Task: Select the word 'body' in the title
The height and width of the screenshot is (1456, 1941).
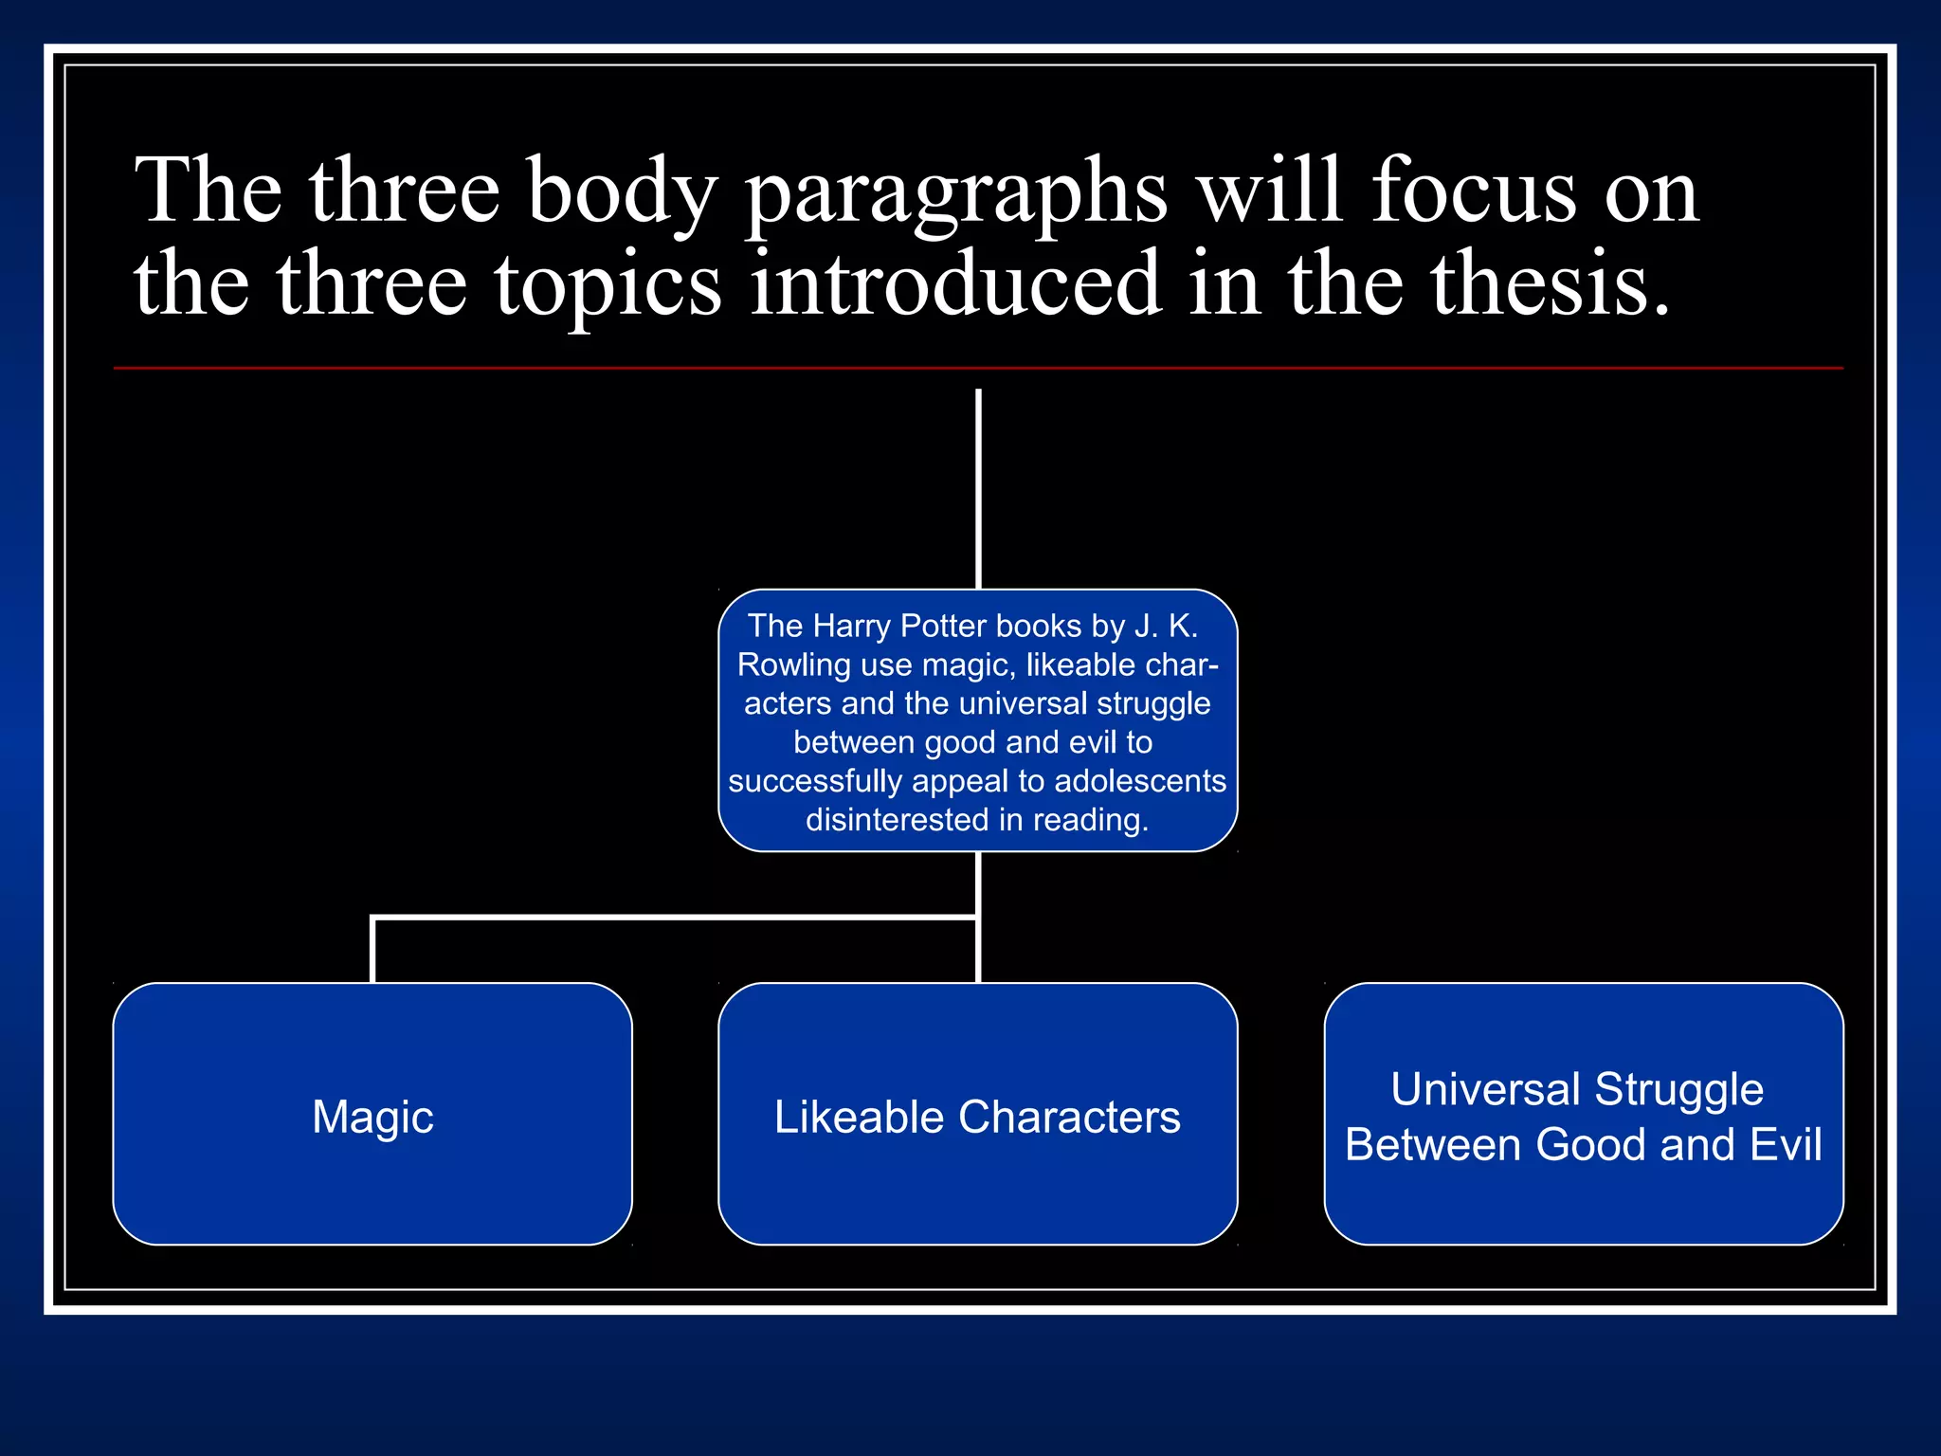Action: pos(621,194)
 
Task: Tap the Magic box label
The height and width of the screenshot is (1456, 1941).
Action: pos(372,1117)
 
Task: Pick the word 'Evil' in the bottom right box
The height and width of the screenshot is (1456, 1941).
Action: pos(1786,1144)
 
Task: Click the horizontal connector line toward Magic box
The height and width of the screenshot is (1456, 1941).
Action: pos(663,918)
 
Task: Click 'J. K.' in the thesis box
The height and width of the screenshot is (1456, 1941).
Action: pos(1166,627)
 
